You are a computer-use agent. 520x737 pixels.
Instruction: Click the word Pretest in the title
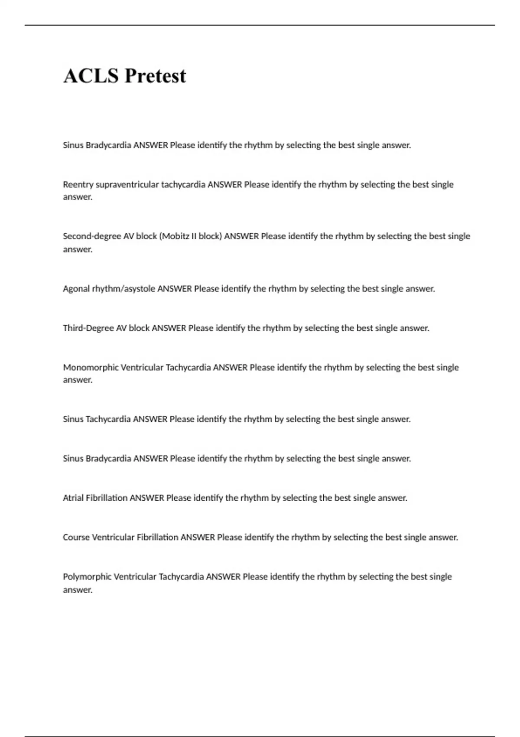click(x=155, y=76)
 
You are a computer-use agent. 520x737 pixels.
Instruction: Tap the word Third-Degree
click(x=88, y=328)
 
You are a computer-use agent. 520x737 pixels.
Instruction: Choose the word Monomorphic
click(x=91, y=368)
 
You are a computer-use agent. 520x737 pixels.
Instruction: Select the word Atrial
click(x=73, y=498)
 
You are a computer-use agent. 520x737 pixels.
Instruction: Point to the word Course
click(x=76, y=538)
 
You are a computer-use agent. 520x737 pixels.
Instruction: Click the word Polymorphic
click(x=88, y=577)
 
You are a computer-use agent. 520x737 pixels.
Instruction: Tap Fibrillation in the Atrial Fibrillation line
click(x=107, y=498)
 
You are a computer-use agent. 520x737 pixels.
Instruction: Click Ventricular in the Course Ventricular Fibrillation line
click(x=114, y=538)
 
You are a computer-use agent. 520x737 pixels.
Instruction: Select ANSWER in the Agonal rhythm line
click(x=174, y=289)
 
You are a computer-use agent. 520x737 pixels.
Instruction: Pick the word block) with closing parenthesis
click(x=210, y=237)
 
